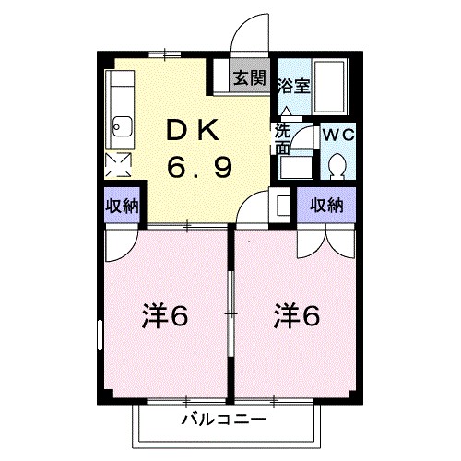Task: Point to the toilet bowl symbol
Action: pos(336,166)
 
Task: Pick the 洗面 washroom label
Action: pos(282,138)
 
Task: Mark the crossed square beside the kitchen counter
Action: pos(119,165)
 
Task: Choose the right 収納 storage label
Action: pos(326,205)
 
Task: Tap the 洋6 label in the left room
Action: pos(165,316)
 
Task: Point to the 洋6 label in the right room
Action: pos(296,316)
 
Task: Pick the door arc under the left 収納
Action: pos(117,242)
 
